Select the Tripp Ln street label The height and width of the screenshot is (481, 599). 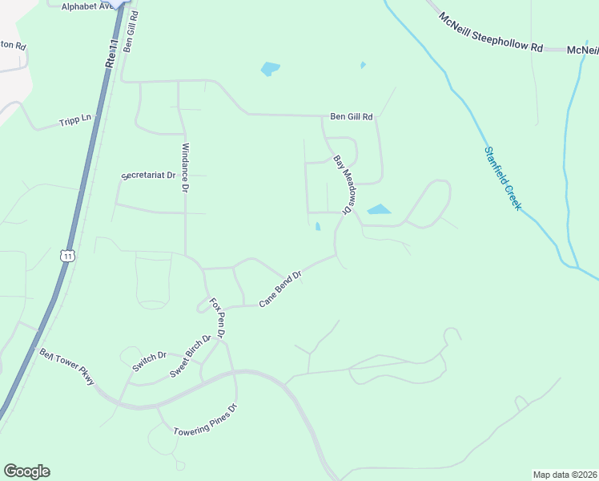(75, 121)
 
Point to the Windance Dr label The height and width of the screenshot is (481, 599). (184, 168)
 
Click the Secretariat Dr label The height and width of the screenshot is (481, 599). (148, 175)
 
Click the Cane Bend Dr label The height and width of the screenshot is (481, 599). (279, 289)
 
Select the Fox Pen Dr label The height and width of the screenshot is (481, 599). (218, 317)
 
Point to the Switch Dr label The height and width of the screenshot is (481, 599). (149, 362)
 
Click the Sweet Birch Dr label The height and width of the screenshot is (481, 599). (191, 356)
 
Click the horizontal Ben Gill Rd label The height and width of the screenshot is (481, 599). (352, 116)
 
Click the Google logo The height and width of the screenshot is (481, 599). (26, 471)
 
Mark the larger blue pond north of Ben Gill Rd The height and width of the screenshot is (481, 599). (270, 69)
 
